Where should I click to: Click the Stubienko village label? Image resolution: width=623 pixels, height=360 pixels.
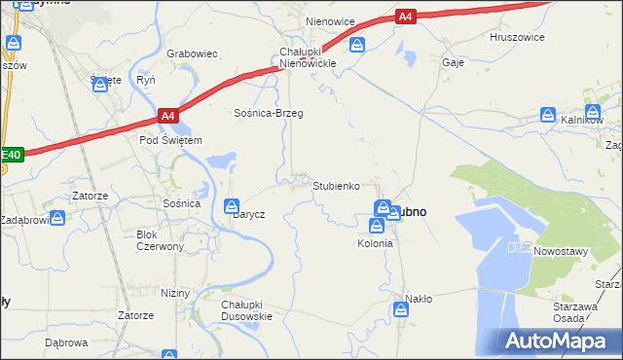[337, 185]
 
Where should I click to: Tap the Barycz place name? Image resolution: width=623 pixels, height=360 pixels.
[249, 214]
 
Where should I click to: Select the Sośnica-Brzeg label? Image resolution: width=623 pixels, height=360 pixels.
[268, 114]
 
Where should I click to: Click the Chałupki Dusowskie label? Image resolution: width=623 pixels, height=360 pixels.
[246, 309]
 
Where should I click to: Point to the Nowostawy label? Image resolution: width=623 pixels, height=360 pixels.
[562, 251]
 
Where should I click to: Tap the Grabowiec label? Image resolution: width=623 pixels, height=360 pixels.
[192, 54]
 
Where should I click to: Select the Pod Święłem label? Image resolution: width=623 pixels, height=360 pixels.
[170, 140]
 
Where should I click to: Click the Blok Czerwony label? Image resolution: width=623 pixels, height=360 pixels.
[161, 240]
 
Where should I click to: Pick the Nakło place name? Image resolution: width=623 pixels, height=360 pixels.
[419, 299]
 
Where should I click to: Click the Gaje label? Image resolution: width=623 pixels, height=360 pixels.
[452, 61]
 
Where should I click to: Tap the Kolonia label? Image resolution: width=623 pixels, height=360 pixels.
[375, 243]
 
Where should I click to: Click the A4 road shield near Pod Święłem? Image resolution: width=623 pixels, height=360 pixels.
[168, 117]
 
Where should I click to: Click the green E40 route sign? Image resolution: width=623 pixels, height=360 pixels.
[11, 154]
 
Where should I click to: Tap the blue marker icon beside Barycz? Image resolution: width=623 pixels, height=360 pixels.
[232, 205]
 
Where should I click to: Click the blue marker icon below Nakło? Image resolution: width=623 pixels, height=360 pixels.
[401, 309]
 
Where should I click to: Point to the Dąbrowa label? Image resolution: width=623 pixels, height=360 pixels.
[66, 342]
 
